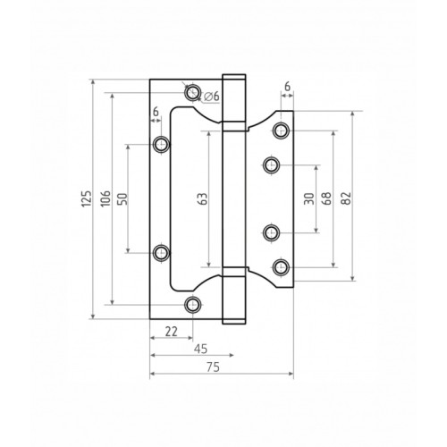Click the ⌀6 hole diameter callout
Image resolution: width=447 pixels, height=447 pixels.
click(x=212, y=97)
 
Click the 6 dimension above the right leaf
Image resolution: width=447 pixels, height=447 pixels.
click(x=287, y=87)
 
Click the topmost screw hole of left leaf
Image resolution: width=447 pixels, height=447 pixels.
click(x=192, y=90)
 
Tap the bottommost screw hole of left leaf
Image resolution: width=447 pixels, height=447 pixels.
click(x=192, y=307)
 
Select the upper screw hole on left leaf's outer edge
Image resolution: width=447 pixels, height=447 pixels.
click(x=161, y=144)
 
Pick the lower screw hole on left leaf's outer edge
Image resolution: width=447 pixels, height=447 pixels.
click(x=161, y=253)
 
